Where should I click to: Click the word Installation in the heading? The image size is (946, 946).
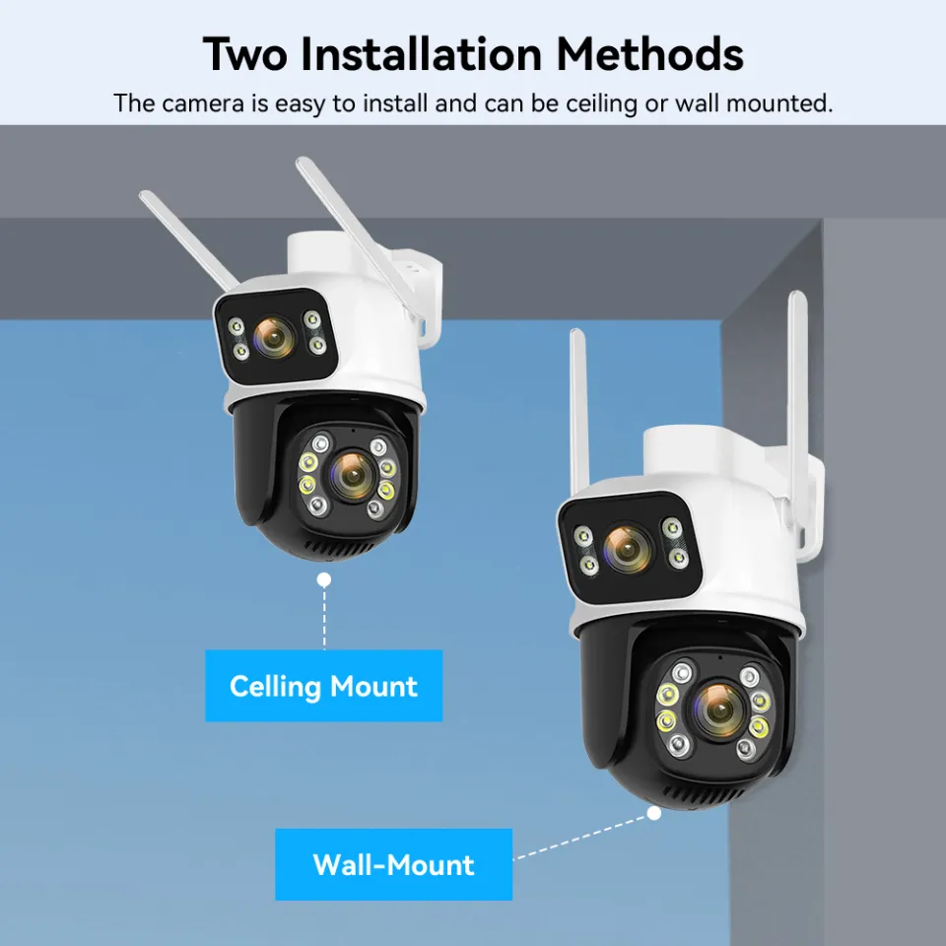422,54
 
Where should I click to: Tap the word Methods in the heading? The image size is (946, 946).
649,54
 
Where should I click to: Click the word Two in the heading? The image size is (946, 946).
246,54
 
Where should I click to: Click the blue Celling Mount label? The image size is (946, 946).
323,686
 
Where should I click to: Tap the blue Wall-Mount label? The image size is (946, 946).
393,864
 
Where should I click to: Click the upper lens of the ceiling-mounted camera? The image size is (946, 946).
275,338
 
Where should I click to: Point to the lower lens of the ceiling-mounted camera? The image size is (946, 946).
350,473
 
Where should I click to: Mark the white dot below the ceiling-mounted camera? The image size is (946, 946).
323,580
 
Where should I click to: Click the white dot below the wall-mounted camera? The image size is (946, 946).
653,814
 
